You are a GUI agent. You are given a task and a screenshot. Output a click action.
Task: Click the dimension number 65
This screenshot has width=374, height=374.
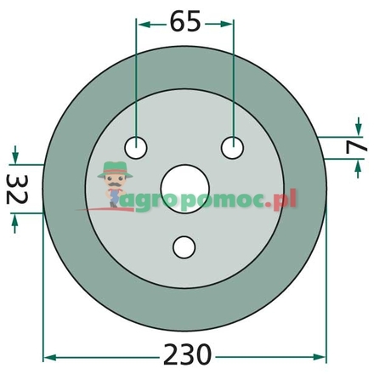[x=185, y=21]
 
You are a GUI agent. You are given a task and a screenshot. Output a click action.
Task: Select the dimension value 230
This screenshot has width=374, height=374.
[x=187, y=354]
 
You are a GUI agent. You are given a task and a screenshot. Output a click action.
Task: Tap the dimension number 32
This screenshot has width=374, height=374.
[x=17, y=190]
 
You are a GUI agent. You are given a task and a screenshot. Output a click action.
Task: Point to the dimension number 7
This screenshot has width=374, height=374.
[x=356, y=148]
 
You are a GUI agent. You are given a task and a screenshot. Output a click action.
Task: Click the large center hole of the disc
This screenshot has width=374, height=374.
[x=184, y=189]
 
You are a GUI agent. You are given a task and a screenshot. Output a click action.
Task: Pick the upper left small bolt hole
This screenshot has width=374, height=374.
[x=136, y=148]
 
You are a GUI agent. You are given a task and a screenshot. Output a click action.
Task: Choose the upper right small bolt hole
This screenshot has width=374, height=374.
[x=233, y=148]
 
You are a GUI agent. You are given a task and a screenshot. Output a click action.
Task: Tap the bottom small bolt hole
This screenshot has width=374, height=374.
[x=184, y=247]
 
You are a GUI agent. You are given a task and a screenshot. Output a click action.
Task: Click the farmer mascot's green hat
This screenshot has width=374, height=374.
[x=115, y=169]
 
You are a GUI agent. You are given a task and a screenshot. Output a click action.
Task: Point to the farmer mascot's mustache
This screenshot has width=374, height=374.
[x=115, y=184]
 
